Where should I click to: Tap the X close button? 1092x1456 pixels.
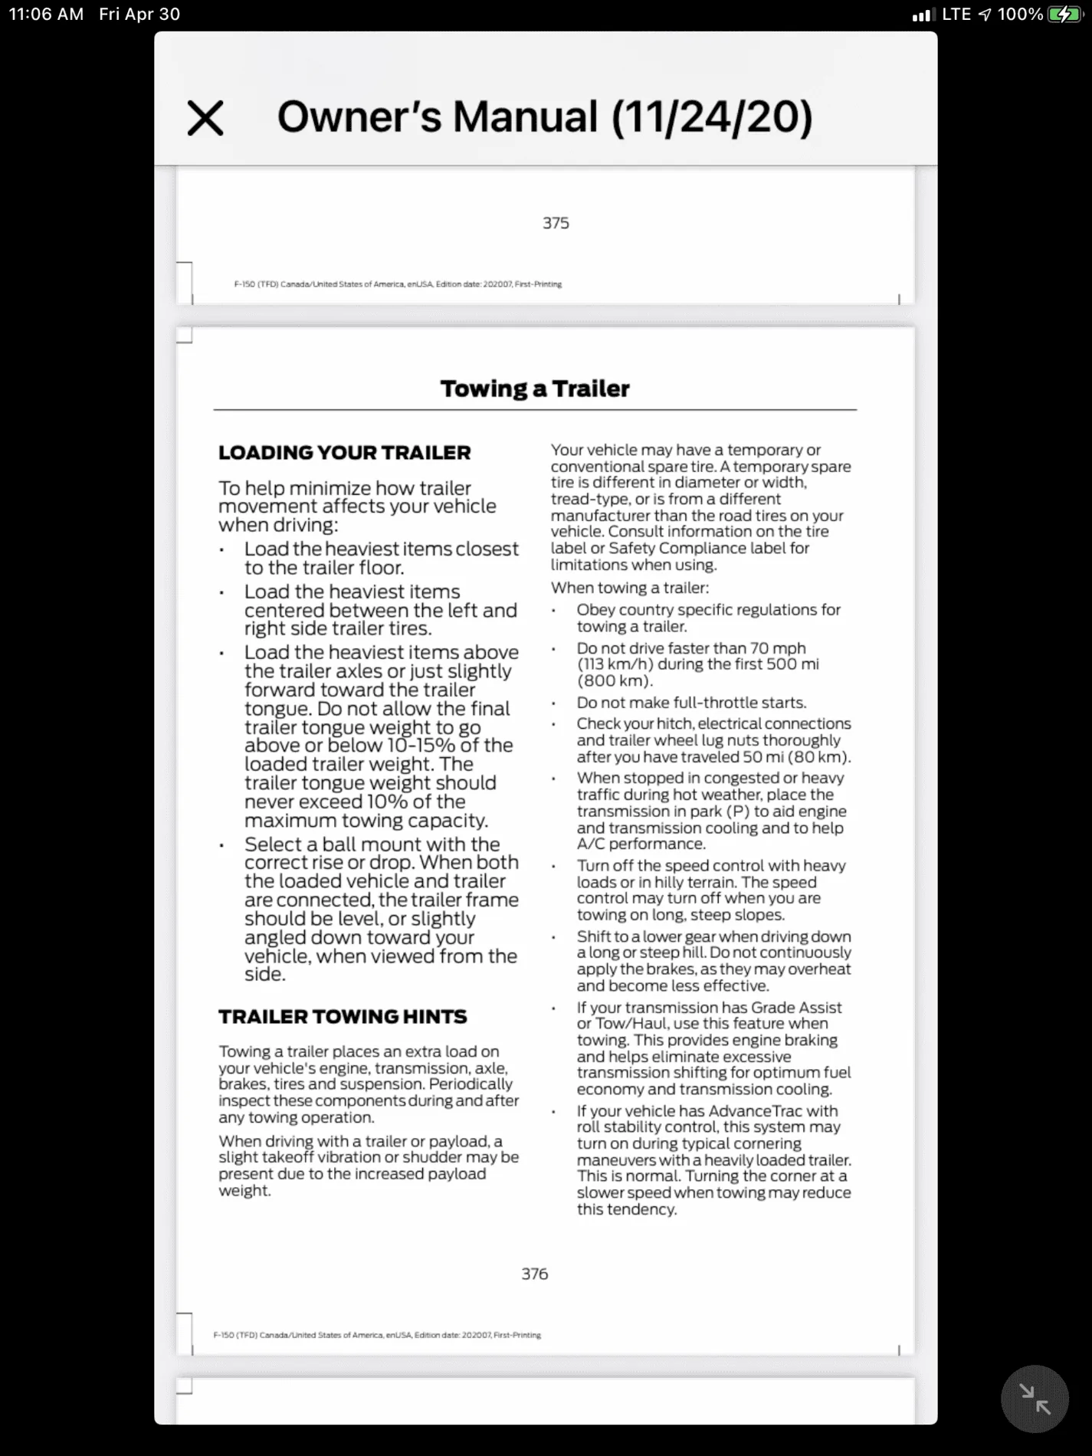[x=205, y=118]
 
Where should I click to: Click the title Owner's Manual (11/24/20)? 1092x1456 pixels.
[x=544, y=117]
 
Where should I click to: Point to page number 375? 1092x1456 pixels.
[x=556, y=223]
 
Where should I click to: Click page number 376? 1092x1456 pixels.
[x=534, y=1274]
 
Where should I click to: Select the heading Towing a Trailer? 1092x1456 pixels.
[x=534, y=389]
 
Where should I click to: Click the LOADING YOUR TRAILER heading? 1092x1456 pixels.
[x=344, y=453]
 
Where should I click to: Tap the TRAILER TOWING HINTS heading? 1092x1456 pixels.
[x=342, y=1017]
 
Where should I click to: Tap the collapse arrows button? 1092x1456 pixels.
[x=1035, y=1399]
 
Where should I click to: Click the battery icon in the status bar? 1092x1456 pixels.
[x=1064, y=15]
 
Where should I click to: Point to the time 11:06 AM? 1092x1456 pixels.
[x=46, y=15]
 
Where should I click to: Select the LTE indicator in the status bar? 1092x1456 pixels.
[x=956, y=15]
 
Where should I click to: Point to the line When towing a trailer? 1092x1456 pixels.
[x=629, y=588]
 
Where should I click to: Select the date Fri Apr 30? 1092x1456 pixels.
[x=139, y=15]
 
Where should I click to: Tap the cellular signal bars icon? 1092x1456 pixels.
[x=923, y=15]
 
